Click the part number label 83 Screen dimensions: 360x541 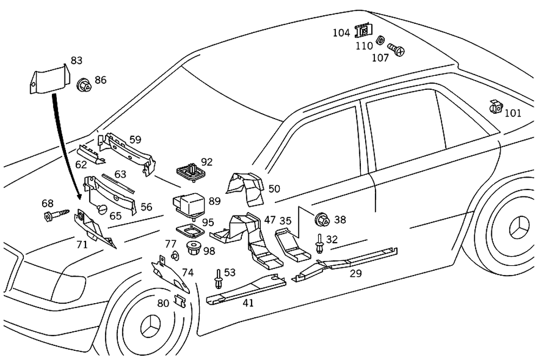(x=76, y=60)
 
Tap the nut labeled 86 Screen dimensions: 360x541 (x=84, y=84)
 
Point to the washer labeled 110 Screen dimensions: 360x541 (x=380, y=40)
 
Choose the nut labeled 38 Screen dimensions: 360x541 (x=323, y=220)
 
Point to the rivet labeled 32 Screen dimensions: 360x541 (x=320, y=243)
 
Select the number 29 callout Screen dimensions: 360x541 (x=355, y=273)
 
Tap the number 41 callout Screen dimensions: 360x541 (x=248, y=303)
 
